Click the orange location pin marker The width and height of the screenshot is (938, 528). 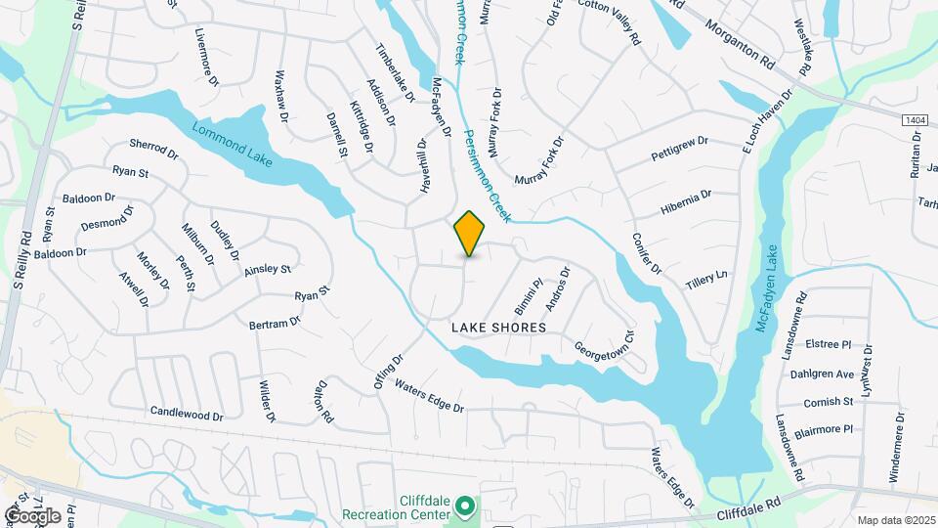click(x=470, y=233)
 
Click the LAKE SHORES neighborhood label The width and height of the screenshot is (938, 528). click(x=498, y=328)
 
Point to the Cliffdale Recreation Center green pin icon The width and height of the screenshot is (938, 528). click(x=466, y=506)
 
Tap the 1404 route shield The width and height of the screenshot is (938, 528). click(x=915, y=119)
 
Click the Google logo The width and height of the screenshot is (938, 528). click(x=32, y=515)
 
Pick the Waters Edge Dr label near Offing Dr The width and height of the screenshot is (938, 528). click(x=429, y=395)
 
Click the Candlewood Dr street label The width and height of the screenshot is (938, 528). click(x=188, y=415)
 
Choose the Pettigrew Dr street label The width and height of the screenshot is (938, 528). click(x=679, y=151)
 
